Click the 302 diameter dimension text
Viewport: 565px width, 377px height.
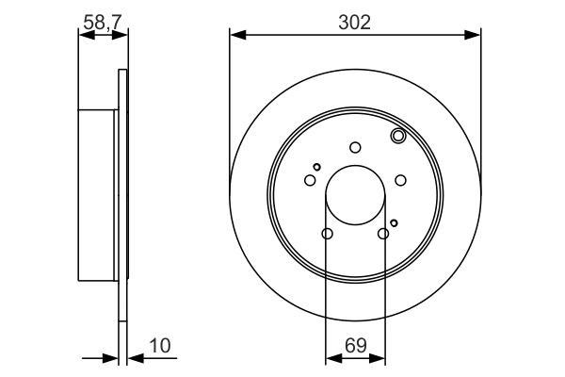(355, 22)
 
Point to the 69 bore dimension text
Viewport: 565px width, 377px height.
(355, 346)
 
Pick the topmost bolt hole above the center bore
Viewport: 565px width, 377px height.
(355, 146)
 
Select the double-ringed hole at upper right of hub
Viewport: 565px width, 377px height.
(398, 138)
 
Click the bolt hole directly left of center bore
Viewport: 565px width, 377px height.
(310, 180)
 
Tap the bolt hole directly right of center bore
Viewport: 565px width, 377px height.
(400, 180)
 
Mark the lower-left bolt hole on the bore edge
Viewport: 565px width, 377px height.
(327, 234)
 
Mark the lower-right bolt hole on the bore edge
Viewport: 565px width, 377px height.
(383, 234)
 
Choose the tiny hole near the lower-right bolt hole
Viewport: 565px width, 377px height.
(395, 222)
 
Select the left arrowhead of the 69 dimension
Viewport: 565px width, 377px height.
(331, 359)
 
